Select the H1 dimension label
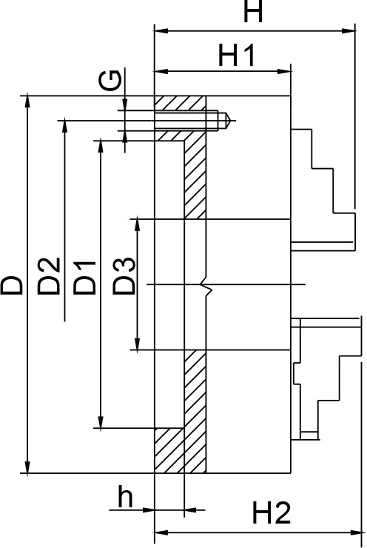click(x=237, y=56)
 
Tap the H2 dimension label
click(x=271, y=512)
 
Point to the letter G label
click(x=110, y=80)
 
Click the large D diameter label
click(x=12, y=285)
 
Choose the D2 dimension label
click(x=49, y=276)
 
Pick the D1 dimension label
click(x=84, y=277)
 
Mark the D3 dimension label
click(x=124, y=275)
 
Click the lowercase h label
click(x=125, y=496)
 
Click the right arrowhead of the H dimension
click(x=349, y=31)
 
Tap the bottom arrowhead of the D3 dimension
click(x=138, y=344)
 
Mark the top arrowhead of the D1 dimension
click(x=101, y=147)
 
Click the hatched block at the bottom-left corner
click(x=169, y=450)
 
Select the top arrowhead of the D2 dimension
click(x=64, y=127)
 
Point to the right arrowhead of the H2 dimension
click(x=354, y=533)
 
